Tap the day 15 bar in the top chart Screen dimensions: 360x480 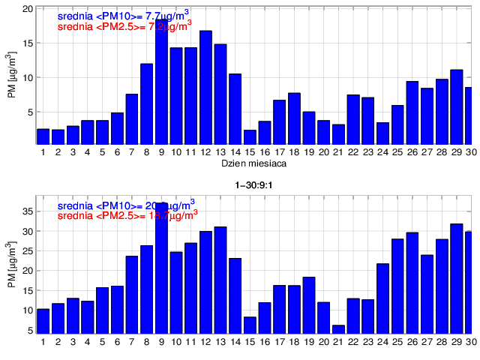click(250, 137)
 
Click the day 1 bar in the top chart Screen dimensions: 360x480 click(43, 136)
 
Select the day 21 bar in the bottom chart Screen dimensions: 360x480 click(338, 329)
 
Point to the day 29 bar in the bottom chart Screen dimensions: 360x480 click(456, 278)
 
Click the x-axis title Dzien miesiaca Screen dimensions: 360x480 click(251, 163)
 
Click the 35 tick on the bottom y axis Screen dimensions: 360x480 click(28, 211)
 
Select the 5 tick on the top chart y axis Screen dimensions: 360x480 click(30, 112)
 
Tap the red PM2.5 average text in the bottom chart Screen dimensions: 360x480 click(127, 214)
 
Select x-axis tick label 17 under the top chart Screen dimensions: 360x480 click(279, 151)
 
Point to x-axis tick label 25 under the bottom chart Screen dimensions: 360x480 click(397, 341)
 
